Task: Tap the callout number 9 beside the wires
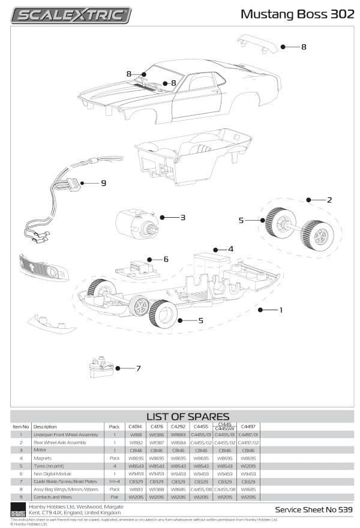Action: point(103,183)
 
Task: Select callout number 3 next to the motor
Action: point(182,217)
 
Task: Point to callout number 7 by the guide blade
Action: point(138,368)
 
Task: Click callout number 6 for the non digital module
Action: point(166,259)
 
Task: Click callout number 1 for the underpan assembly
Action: point(280,310)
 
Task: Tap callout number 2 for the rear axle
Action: point(329,199)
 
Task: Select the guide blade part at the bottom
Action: point(100,367)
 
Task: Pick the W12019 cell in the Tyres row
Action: point(248,466)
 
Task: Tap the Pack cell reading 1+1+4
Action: point(114,481)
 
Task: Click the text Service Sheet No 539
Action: point(313,509)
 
